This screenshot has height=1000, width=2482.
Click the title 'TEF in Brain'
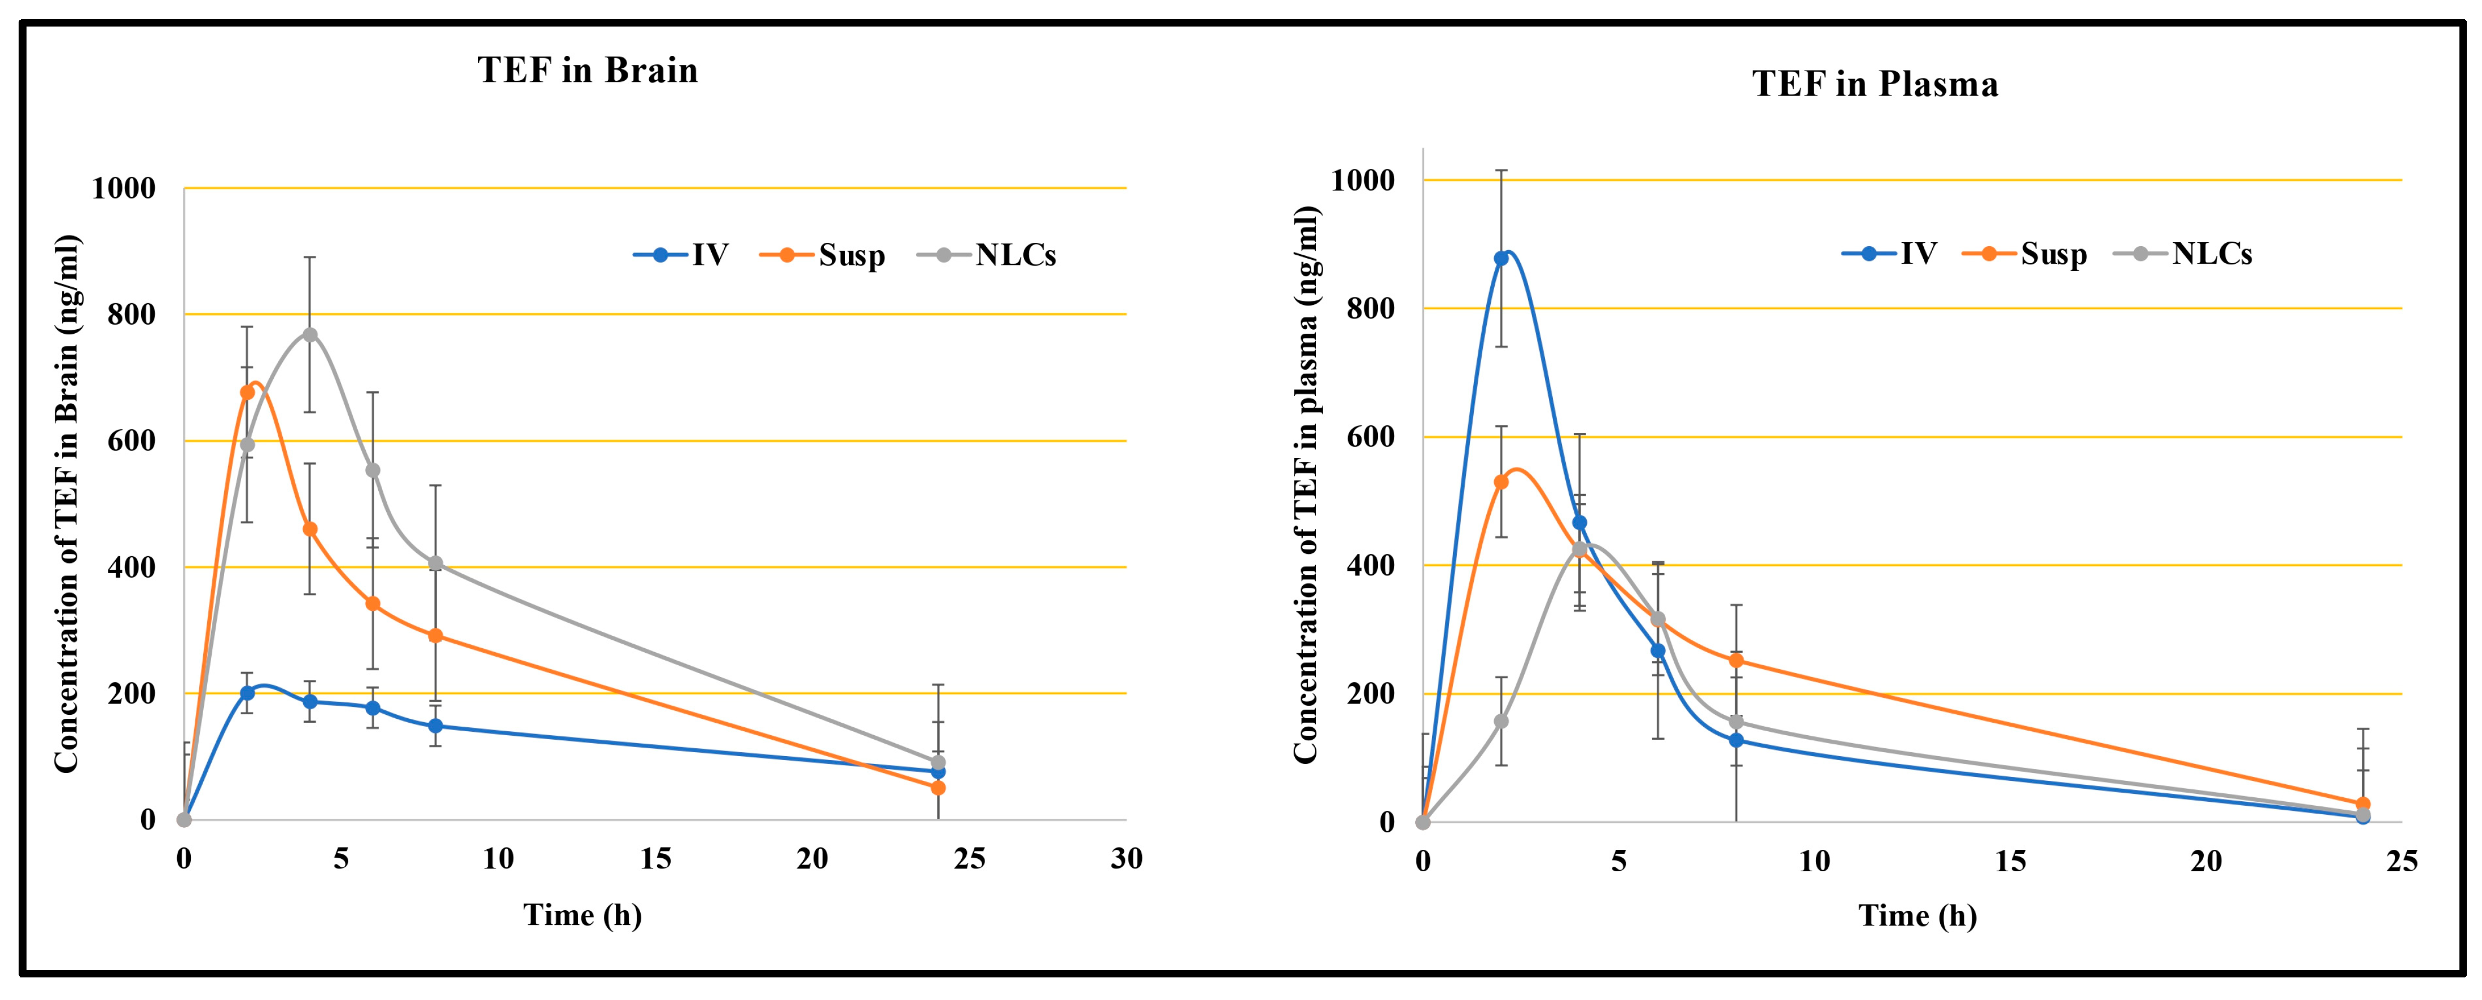tap(587, 71)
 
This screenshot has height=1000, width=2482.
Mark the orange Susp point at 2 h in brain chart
tap(247, 392)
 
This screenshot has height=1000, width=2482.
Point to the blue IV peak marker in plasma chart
tap(1501, 258)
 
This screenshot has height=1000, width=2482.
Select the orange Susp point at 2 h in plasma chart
tap(1501, 482)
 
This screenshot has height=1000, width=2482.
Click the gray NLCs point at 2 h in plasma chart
tap(1501, 722)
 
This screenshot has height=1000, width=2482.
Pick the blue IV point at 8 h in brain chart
tap(436, 726)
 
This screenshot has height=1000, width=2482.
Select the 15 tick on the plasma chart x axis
tap(2010, 861)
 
